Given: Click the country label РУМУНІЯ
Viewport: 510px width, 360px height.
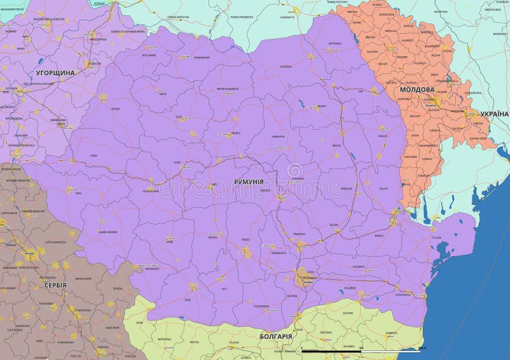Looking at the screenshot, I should [249, 182].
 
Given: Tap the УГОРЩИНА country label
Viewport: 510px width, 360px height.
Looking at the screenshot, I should [55, 73].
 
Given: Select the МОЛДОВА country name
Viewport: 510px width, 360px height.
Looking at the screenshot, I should [418, 90].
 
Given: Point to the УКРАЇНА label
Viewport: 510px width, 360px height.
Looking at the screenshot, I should [494, 113].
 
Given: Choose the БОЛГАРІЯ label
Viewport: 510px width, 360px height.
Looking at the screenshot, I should [276, 336].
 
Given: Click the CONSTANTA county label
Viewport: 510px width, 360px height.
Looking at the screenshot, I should [403, 295].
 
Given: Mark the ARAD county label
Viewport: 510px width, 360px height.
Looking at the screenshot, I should [94, 155].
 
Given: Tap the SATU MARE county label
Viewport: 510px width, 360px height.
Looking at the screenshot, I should [149, 55].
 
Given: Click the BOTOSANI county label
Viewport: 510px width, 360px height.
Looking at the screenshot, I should [335, 43].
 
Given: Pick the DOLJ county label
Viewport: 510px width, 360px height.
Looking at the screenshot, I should [187, 299].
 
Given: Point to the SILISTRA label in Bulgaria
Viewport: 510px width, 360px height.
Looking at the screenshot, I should [347, 313].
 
